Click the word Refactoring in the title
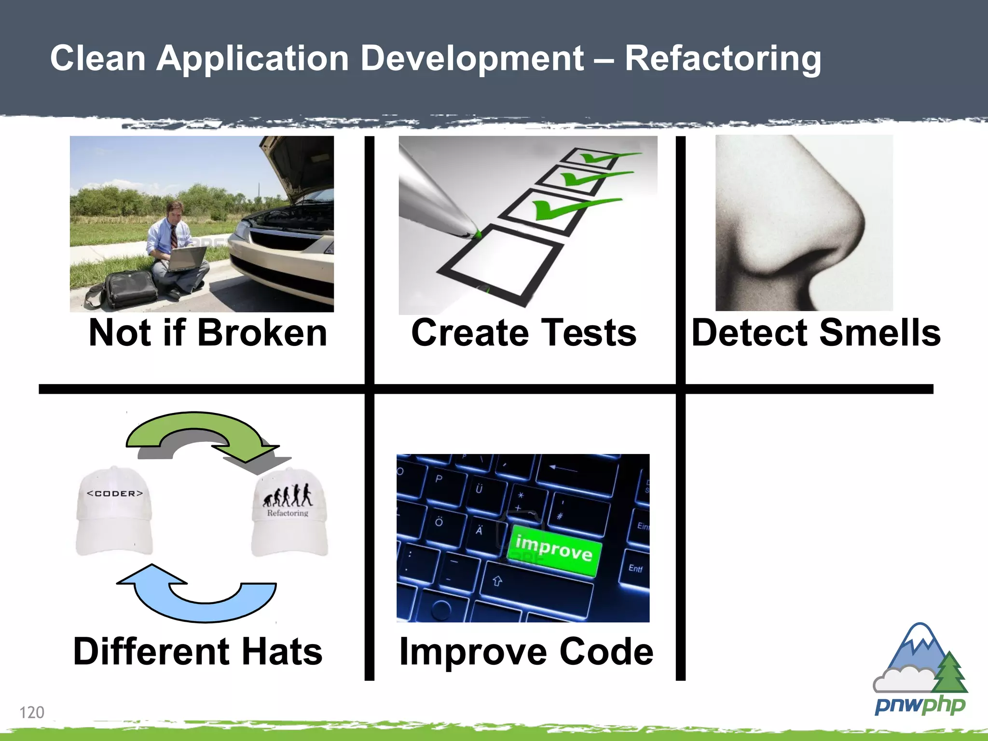722,59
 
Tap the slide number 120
32,712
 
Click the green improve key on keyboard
554,550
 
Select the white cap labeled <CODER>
114,511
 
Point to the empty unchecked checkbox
502,263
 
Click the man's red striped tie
173,236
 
